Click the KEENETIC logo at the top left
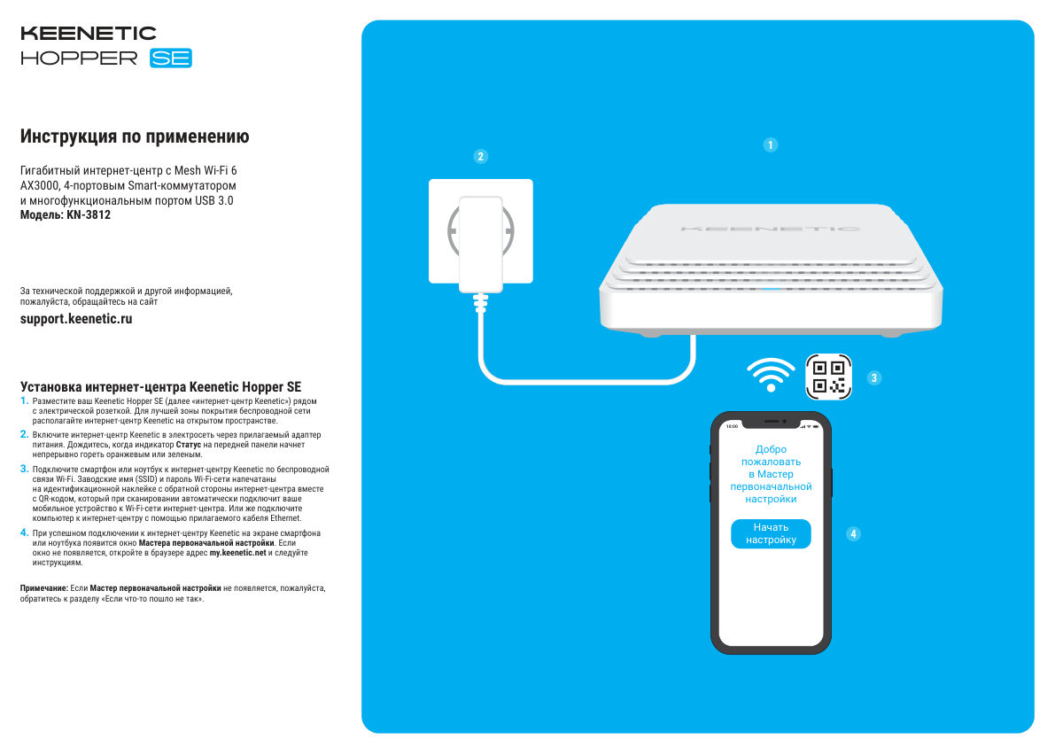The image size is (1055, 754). [x=88, y=34]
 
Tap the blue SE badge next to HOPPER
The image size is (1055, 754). [x=171, y=58]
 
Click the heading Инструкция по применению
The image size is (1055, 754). [x=135, y=137]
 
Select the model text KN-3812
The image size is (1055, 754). [x=89, y=214]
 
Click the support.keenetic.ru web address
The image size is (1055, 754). [x=76, y=319]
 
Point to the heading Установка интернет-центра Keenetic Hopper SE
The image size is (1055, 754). [x=160, y=387]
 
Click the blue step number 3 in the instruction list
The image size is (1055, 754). [x=24, y=468]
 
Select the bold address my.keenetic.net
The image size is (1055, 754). [x=237, y=552]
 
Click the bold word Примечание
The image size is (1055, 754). [x=43, y=588]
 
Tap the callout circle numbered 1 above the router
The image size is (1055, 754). [x=771, y=144]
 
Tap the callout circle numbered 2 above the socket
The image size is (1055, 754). [x=480, y=157]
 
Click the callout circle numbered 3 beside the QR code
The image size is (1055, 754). [x=874, y=378]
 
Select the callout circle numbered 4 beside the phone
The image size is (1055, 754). [x=853, y=534]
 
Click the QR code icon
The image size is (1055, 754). [x=828, y=377]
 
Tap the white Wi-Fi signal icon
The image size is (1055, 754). [x=772, y=375]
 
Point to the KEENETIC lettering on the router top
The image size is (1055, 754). [x=770, y=229]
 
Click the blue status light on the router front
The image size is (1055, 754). [x=771, y=288]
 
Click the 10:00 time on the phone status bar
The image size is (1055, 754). [x=732, y=426]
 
